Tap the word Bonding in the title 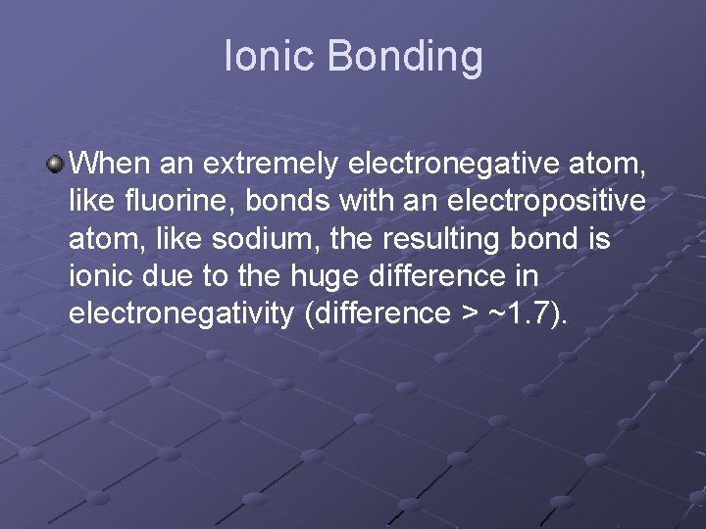pyautogui.click(x=405, y=56)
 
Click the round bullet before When pyautogui.click(x=57, y=162)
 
